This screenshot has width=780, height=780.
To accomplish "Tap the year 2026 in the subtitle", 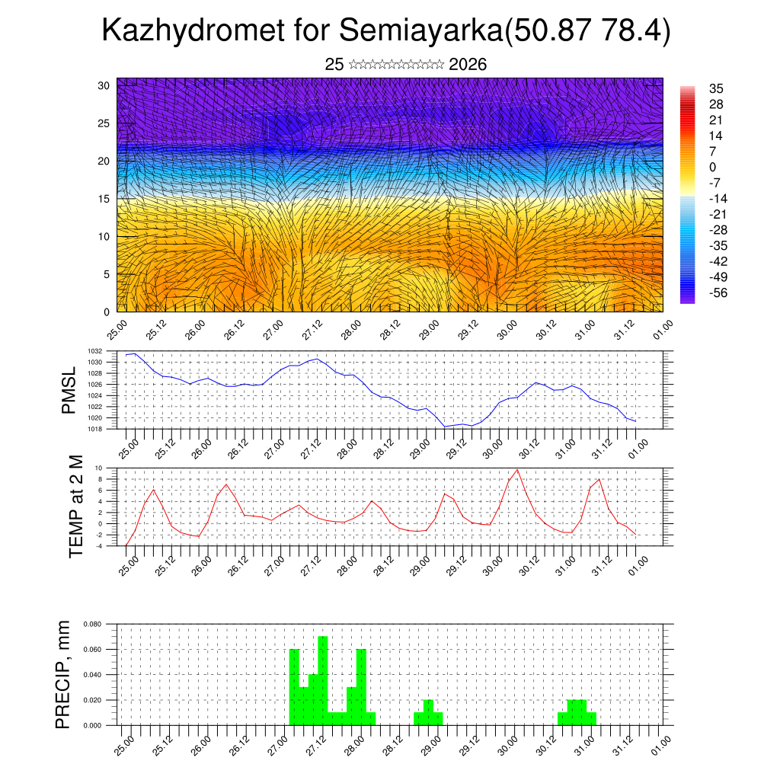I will (x=468, y=65).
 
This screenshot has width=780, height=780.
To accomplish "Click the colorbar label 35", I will (x=715, y=88).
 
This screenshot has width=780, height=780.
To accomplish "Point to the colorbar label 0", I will (x=712, y=167).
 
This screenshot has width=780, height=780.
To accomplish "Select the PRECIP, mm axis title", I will (x=64, y=674).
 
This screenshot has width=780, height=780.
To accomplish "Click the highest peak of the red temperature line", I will (x=517, y=469).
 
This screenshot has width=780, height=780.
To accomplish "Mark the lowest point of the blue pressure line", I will (x=445, y=427).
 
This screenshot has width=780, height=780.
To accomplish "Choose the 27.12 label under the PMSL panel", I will (x=311, y=447).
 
